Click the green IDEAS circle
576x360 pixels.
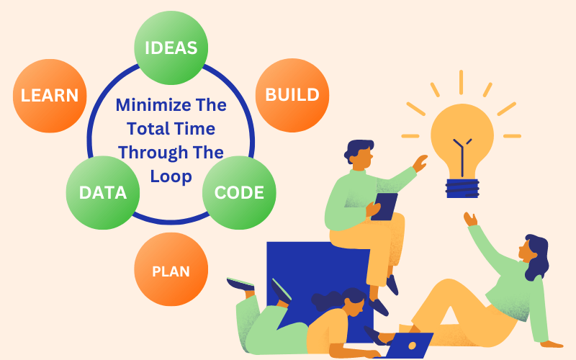click(x=171, y=48)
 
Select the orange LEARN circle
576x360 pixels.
click(x=50, y=96)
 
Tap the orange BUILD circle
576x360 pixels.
click(x=292, y=95)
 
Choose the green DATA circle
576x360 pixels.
click(x=103, y=192)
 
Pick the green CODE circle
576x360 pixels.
click(x=239, y=192)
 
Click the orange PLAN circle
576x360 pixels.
click(x=171, y=269)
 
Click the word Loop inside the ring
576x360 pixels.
click(x=171, y=176)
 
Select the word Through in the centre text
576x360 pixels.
click(x=153, y=153)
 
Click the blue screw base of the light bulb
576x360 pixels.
click(x=462, y=188)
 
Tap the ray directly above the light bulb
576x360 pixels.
click(x=461, y=82)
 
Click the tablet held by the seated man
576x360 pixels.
click(x=384, y=207)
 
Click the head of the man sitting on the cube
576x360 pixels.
click(x=359, y=153)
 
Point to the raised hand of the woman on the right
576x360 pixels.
click(x=470, y=220)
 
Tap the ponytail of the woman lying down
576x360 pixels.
click(x=323, y=300)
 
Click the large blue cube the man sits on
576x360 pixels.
click(x=318, y=290)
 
